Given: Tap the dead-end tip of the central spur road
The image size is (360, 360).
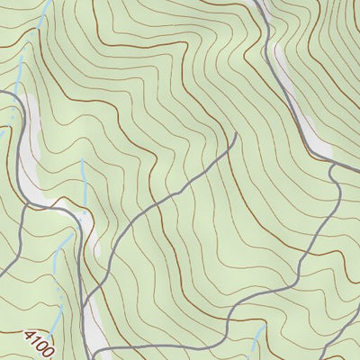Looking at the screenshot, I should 236,135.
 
